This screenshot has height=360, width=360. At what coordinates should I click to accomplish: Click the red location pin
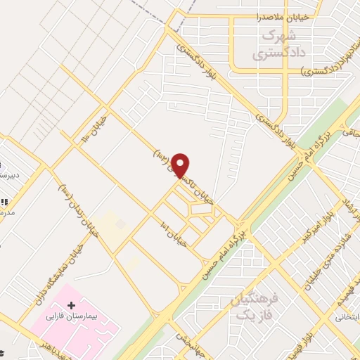(x=181, y=165)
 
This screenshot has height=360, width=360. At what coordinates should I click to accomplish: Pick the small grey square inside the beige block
(x=120, y=224)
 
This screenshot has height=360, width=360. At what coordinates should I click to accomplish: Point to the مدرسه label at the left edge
(x=6, y=210)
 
